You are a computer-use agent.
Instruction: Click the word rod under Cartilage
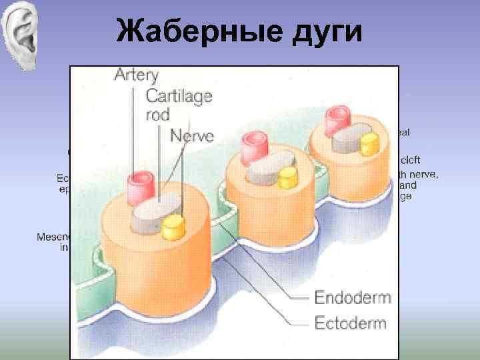click(x=159, y=115)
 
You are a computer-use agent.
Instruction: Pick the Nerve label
click(x=192, y=136)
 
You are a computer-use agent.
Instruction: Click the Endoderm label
click(x=352, y=297)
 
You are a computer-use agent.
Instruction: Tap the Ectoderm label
click(x=351, y=323)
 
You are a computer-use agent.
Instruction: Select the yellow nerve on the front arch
click(x=173, y=227)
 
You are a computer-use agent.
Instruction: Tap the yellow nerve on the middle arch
click(x=287, y=177)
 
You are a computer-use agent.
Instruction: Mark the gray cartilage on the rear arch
click(x=348, y=137)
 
